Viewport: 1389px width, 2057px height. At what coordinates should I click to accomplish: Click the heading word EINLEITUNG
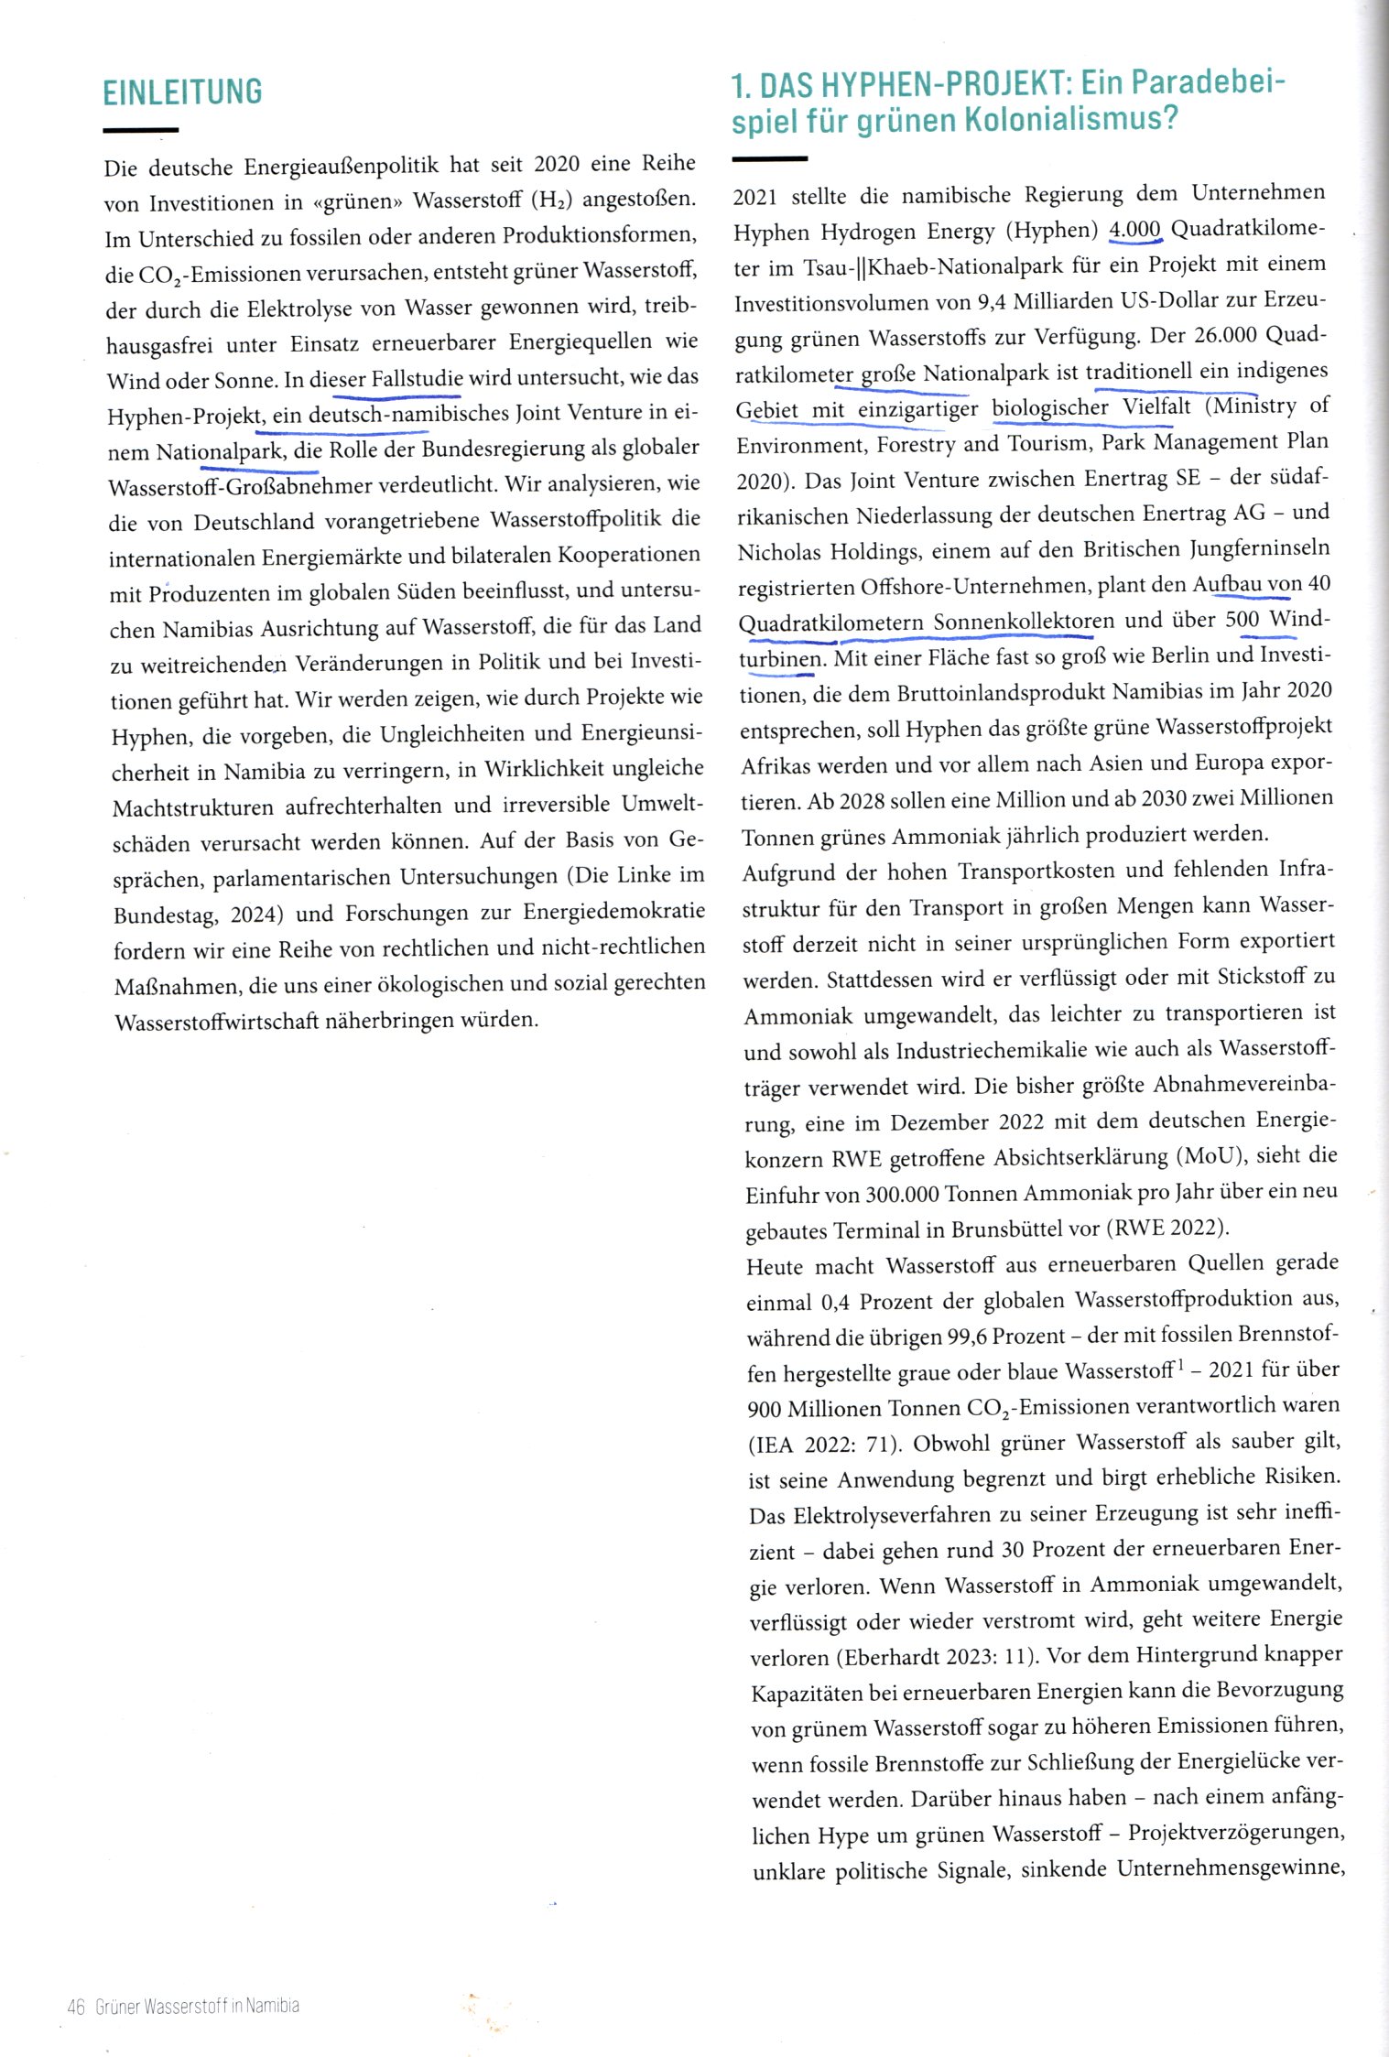[x=182, y=92]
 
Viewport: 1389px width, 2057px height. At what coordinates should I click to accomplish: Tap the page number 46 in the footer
[x=75, y=2006]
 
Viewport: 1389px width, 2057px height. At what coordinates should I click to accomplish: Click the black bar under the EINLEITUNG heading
[x=140, y=131]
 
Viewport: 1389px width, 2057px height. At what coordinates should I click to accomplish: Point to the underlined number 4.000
[x=1134, y=229]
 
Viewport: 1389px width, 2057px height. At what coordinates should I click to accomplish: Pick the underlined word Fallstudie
[x=418, y=378]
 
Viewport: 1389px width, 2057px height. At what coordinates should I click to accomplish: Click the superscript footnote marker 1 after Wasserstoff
[x=1181, y=1367]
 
